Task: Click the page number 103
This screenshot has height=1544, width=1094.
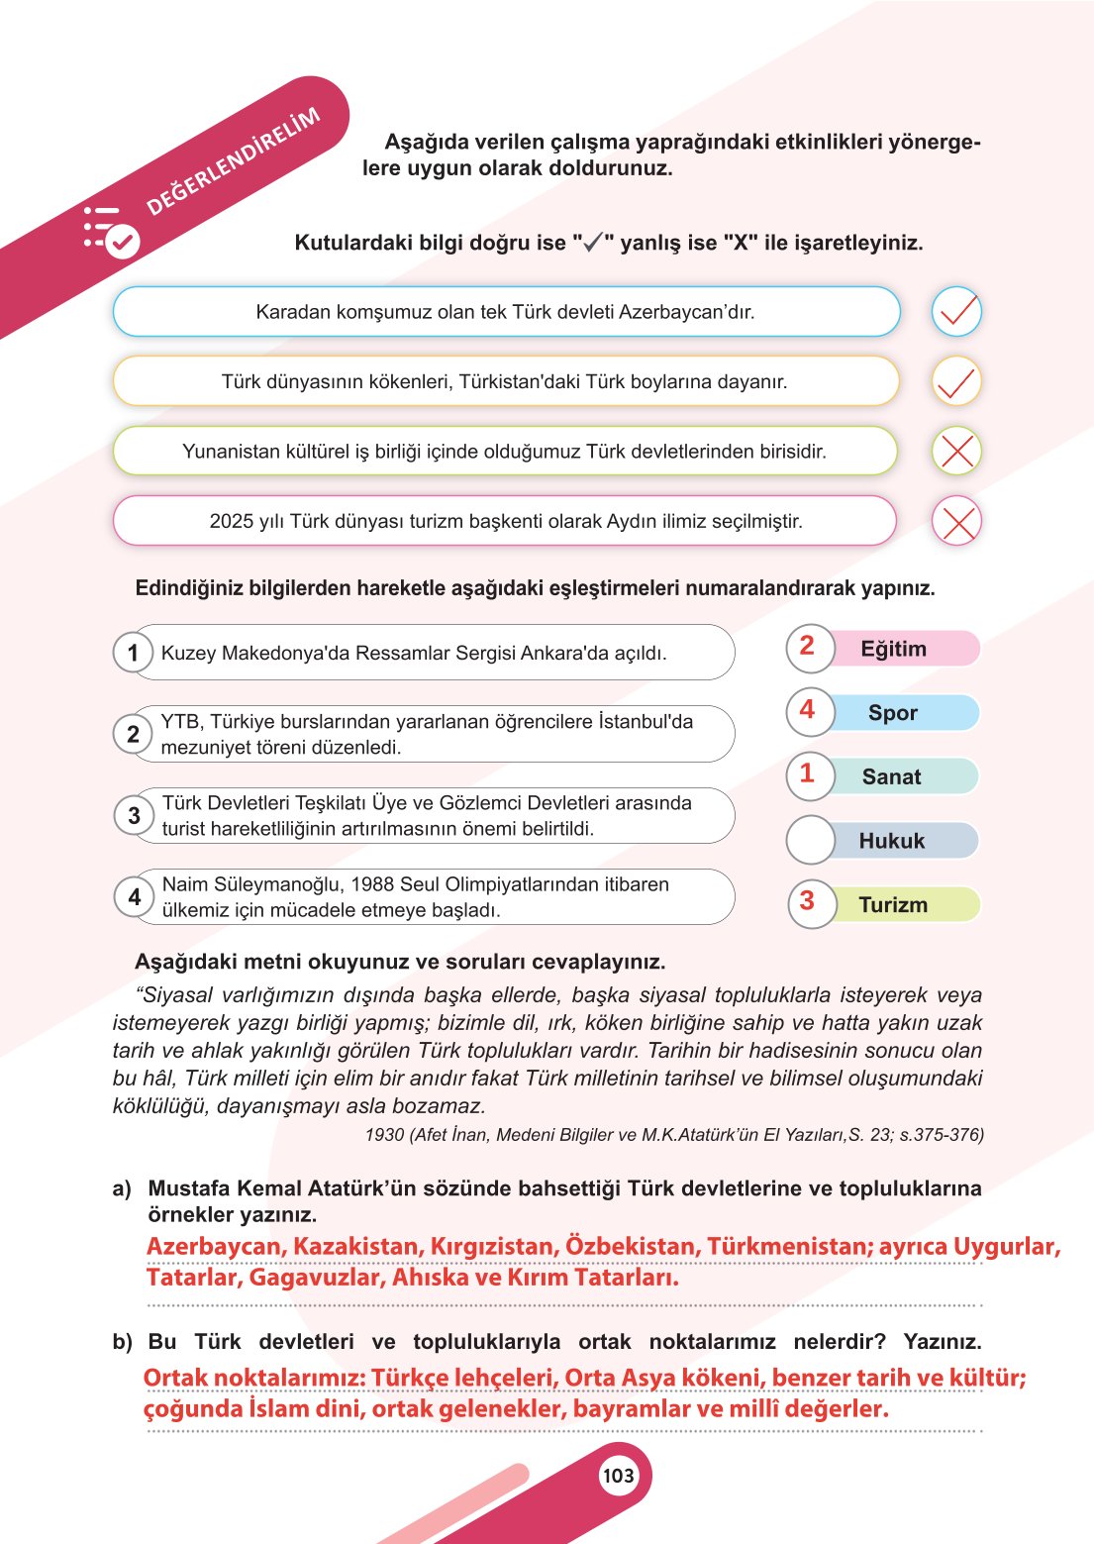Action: [x=618, y=1476]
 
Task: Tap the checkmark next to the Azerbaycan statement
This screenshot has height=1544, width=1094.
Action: [x=956, y=312]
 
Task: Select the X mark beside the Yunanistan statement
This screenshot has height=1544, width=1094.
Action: [x=956, y=452]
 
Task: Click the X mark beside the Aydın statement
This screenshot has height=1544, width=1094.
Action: [x=956, y=522]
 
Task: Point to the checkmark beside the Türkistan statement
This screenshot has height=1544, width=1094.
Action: [x=956, y=382]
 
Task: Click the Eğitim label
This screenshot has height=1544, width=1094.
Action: [x=893, y=649]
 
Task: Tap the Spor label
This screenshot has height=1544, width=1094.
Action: [x=892, y=713]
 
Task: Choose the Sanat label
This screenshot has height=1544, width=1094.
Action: [x=891, y=777]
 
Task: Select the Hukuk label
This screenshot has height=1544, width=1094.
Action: [x=891, y=841]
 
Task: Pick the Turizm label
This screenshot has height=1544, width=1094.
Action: [x=892, y=905]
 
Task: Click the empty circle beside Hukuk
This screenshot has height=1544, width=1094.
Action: [x=811, y=841]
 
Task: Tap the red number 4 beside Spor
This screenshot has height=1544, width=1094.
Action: [x=807, y=710]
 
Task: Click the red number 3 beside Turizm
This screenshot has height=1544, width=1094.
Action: [x=807, y=901]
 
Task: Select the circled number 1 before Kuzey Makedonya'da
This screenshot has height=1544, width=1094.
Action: [x=133, y=653]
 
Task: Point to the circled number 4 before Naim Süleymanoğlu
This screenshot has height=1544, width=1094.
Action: [x=134, y=897]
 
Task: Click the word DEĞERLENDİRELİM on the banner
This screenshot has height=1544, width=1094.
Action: [x=233, y=161]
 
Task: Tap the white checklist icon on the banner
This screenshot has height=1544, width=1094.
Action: [x=111, y=232]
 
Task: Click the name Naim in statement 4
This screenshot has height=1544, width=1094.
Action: [x=185, y=884]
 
